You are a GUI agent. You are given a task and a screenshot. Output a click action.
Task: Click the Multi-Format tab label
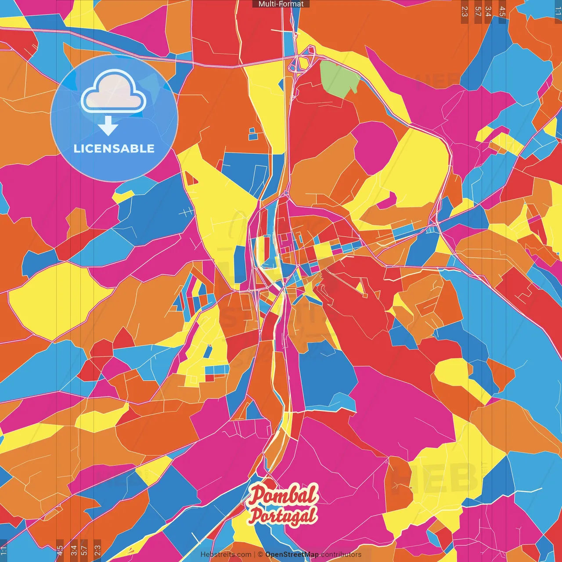coord(281,4)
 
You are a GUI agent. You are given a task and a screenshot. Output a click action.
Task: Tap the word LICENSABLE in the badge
coord(114,148)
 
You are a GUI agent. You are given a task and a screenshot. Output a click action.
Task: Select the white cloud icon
coord(114,92)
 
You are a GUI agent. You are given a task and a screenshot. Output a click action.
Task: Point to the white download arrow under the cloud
coord(108,126)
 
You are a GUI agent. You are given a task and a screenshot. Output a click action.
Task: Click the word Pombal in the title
coord(283,495)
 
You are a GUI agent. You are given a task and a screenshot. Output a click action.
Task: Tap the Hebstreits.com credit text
coord(226,555)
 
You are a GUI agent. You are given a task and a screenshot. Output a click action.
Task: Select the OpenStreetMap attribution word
coord(292,555)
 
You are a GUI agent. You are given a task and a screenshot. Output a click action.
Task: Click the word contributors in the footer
coord(341,555)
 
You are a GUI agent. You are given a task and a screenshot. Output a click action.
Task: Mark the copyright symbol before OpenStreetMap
coord(260,555)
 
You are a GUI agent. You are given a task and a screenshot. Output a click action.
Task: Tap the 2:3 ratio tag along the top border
coord(465,12)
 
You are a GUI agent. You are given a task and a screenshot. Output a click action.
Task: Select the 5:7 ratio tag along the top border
coord(477,12)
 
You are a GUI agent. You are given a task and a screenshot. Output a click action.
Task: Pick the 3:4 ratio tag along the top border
coord(489,12)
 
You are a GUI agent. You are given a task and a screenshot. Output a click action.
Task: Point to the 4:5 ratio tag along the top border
coord(502,12)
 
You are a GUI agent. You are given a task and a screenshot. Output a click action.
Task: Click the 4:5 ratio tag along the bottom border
coord(60,550)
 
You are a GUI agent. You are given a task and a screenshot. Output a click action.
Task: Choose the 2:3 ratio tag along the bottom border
coord(97,550)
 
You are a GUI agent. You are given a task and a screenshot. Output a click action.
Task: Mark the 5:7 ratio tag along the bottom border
coord(85,550)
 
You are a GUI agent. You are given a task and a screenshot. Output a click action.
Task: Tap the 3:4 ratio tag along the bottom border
coord(73,550)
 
